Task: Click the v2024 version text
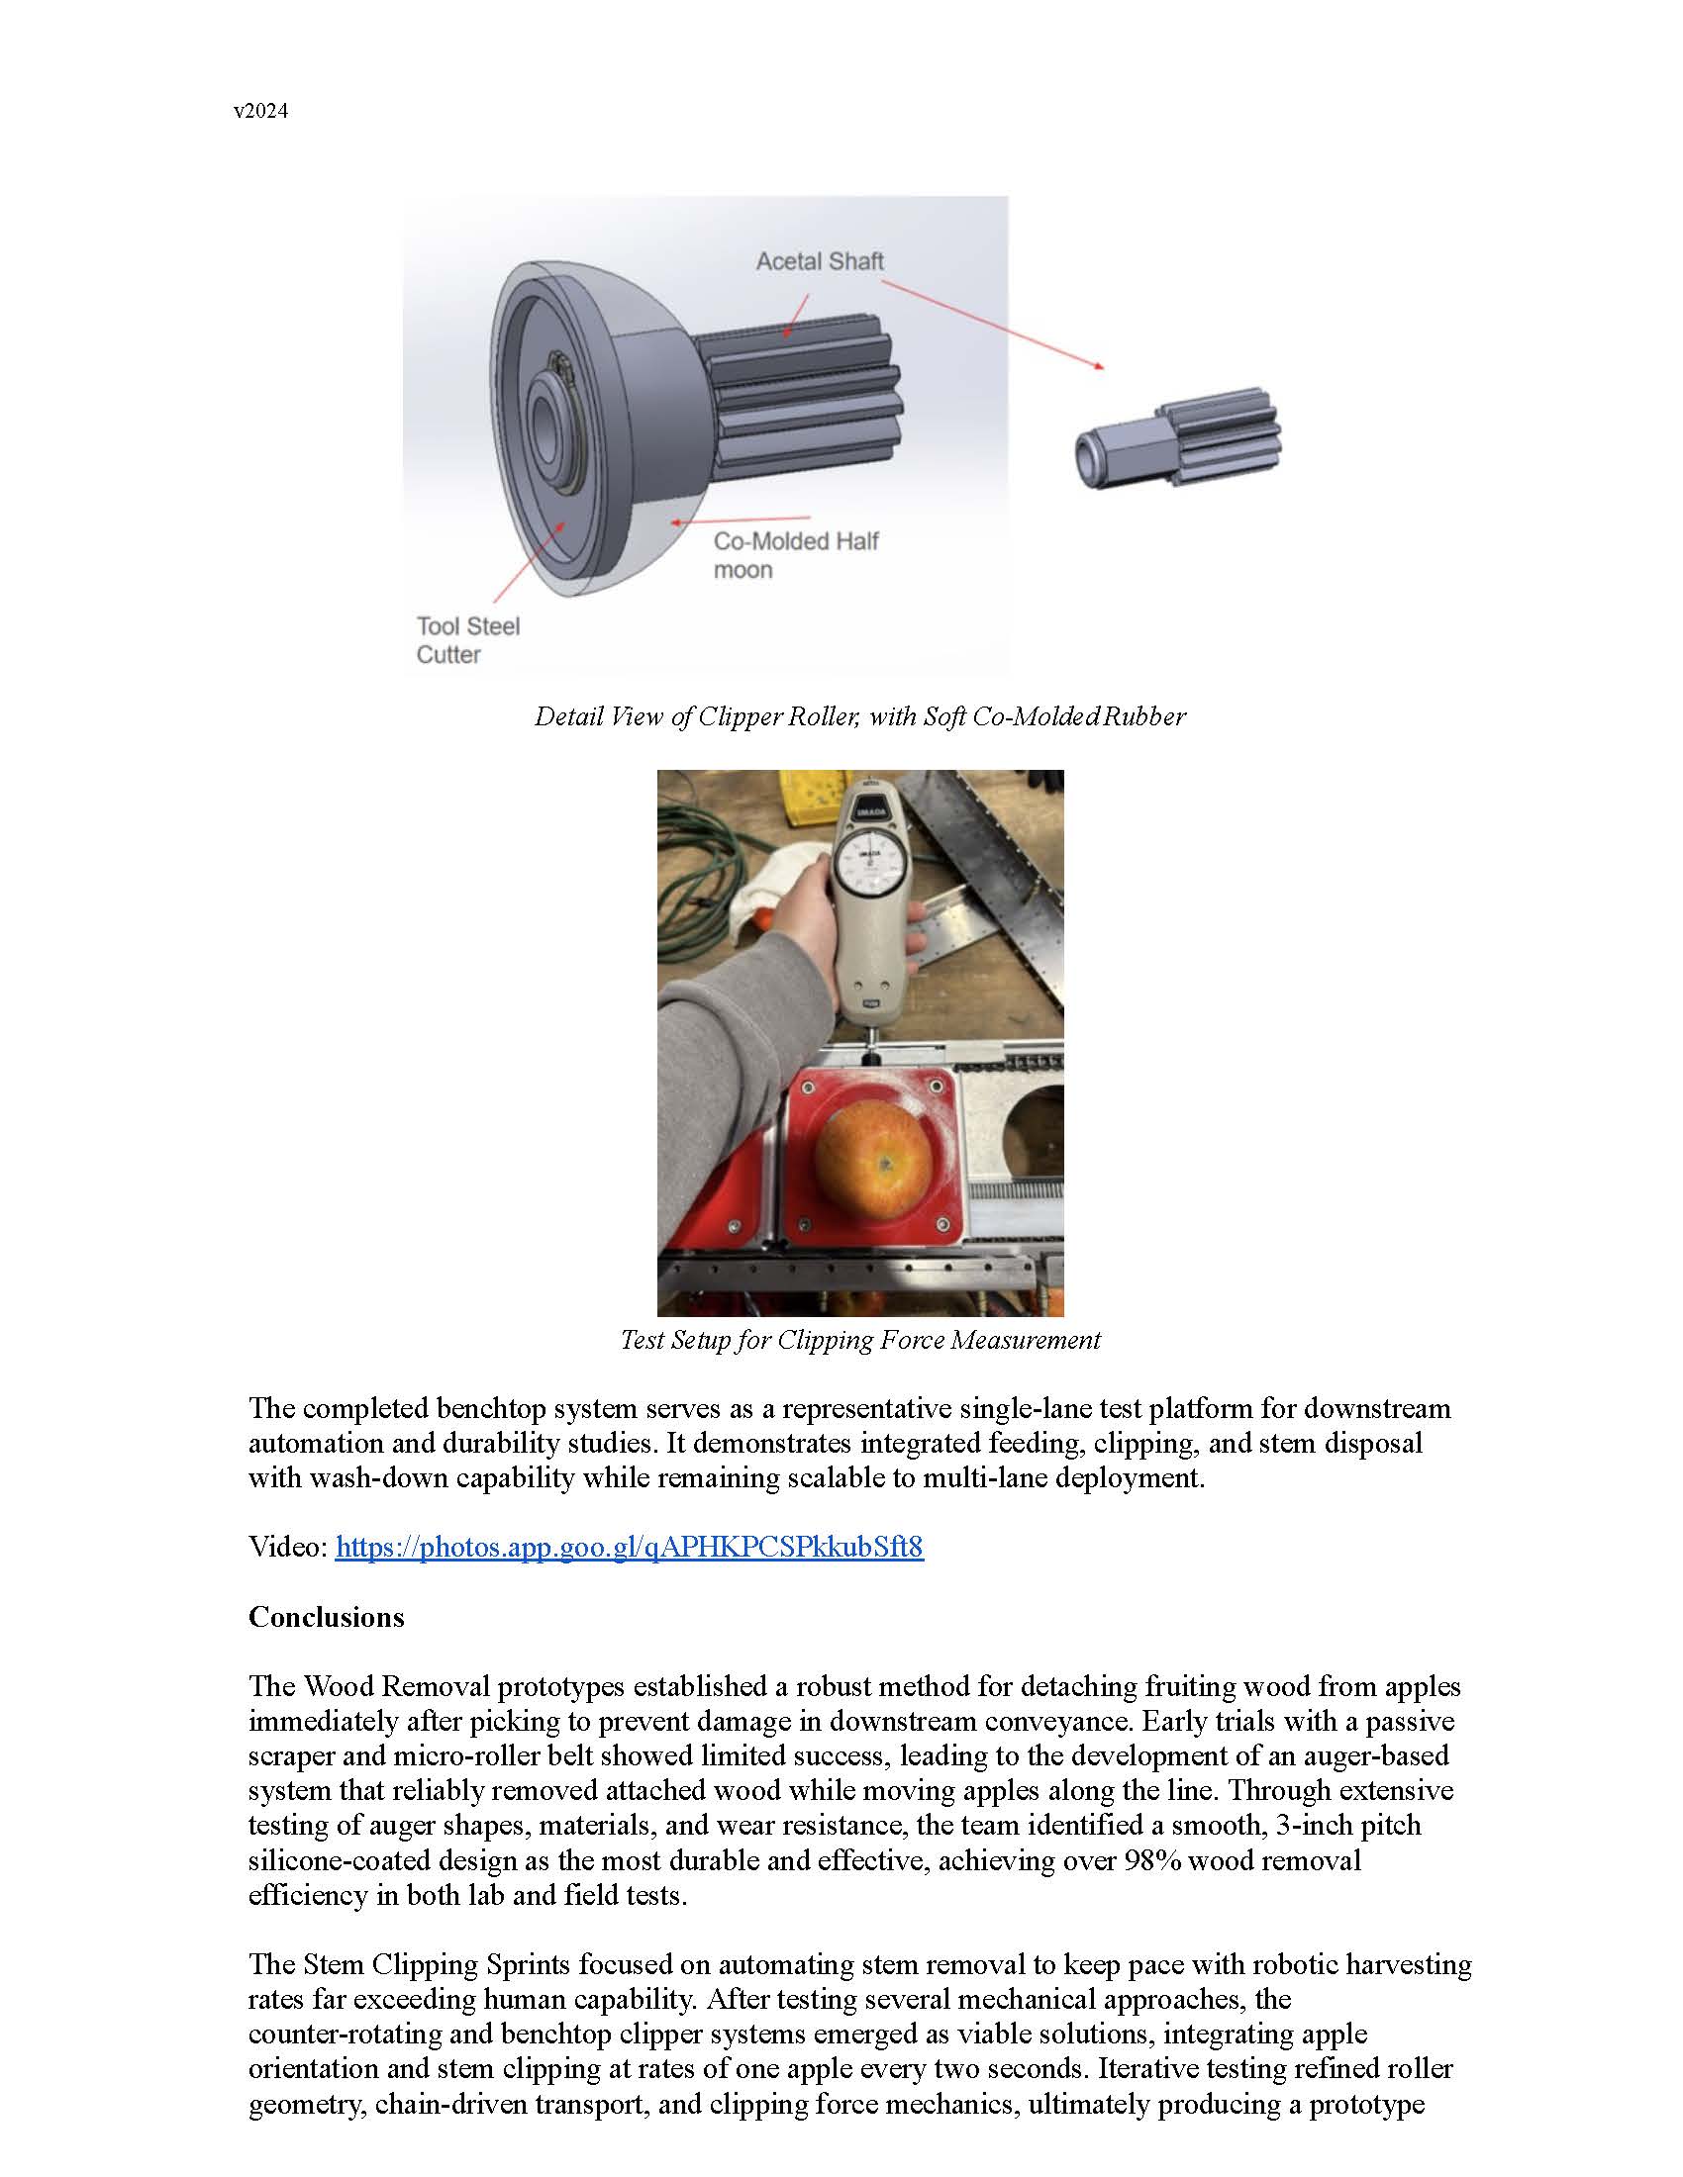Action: click(260, 112)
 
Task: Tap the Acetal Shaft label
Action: click(819, 261)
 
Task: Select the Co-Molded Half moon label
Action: click(795, 555)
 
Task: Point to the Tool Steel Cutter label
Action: click(466, 640)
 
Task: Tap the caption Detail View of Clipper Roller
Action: click(859, 716)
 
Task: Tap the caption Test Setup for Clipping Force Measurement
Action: click(859, 1340)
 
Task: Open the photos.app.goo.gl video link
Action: click(628, 1547)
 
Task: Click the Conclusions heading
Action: click(326, 1617)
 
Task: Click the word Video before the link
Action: click(286, 1547)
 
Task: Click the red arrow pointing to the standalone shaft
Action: click(993, 324)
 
